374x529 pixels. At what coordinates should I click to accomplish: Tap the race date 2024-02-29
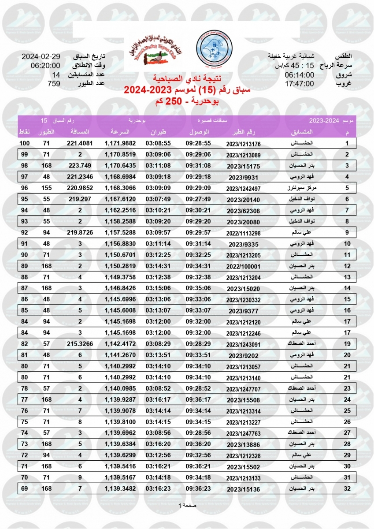coord(41,57)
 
